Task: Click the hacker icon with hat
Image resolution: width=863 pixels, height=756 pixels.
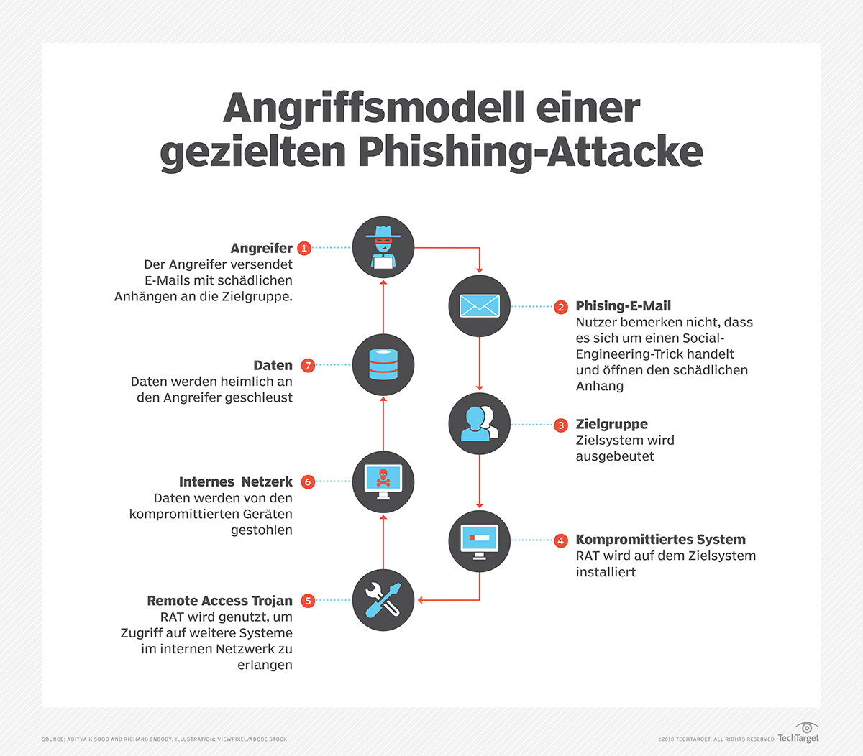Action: pyautogui.click(x=383, y=247)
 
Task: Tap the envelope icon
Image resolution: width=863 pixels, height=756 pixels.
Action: pyautogui.click(x=480, y=306)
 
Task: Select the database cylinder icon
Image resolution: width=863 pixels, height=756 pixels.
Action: pyautogui.click(x=383, y=365)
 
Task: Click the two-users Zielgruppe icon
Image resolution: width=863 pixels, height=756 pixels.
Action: pyautogui.click(x=480, y=425)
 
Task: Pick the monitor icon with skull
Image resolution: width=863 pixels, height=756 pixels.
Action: pyautogui.click(x=383, y=481)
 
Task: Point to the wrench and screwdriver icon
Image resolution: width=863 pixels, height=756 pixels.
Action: pyautogui.click(x=383, y=600)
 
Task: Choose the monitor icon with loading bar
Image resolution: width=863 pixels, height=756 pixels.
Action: pyautogui.click(x=480, y=540)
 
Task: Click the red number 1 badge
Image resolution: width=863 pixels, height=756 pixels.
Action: pyautogui.click(x=304, y=248)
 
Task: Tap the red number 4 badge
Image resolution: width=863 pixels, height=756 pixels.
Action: pyautogui.click(x=561, y=540)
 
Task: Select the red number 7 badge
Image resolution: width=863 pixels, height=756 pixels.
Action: pyautogui.click(x=308, y=365)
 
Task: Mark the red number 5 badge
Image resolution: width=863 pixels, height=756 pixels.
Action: pyautogui.click(x=308, y=601)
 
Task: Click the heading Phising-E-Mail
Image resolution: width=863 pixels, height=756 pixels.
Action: pyautogui.click(x=623, y=306)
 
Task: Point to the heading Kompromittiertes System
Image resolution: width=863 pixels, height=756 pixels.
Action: pyautogui.click(x=660, y=540)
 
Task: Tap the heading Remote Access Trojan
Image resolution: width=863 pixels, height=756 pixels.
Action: pyautogui.click(x=219, y=601)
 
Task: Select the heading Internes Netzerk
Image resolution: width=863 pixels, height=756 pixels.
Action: pyautogui.click(x=235, y=482)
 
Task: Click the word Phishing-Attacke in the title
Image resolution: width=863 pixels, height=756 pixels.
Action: pyautogui.click(x=530, y=152)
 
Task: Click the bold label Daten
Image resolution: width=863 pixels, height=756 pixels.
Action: pyautogui.click(x=273, y=365)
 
